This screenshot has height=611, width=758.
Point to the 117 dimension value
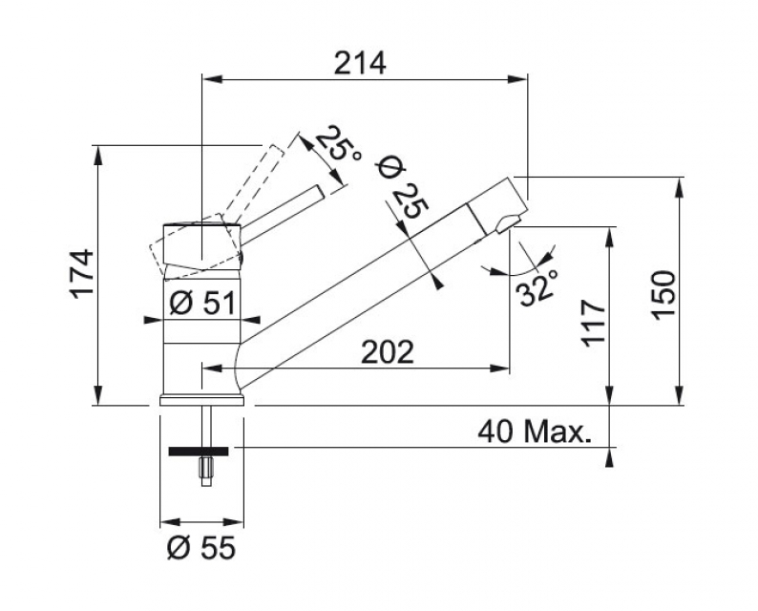tap(592, 325)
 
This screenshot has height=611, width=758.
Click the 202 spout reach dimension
tap(387, 352)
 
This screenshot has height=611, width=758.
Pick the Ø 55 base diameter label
tap(200, 549)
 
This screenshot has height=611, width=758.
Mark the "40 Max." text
tap(535, 432)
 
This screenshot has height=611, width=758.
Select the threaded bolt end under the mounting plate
tap(203, 471)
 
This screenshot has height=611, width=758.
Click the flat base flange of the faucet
tap(200, 401)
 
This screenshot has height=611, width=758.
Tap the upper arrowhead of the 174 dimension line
tap(98, 152)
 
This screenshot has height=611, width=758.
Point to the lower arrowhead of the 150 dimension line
tap(679, 398)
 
